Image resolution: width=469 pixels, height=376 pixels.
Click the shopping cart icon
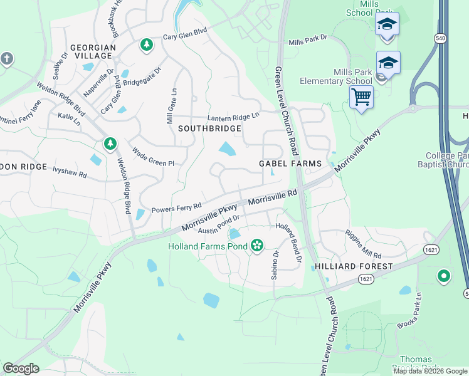pos(361,98)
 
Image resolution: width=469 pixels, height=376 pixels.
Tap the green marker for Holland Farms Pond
pos(256,246)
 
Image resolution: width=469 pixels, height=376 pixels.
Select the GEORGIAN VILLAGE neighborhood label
pos(93,51)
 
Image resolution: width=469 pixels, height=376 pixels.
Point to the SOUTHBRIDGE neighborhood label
pos(209,128)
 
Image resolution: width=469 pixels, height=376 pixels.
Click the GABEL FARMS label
pos(290,164)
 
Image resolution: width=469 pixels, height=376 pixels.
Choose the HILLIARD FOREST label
pos(354,266)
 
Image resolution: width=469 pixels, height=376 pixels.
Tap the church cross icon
pos(7,59)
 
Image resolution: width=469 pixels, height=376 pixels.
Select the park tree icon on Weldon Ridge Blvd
pos(110,144)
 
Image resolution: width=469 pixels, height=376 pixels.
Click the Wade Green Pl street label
pos(153,158)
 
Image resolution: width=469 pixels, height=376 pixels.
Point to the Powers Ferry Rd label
pos(176,206)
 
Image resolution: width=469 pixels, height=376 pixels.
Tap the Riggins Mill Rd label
pos(363,244)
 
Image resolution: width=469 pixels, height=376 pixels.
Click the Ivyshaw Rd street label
pos(70,170)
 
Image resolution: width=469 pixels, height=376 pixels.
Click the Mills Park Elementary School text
pos(335,76)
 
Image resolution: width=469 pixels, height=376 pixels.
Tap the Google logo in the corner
pos(21,368)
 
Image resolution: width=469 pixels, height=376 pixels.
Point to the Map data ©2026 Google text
pos(430,371)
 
